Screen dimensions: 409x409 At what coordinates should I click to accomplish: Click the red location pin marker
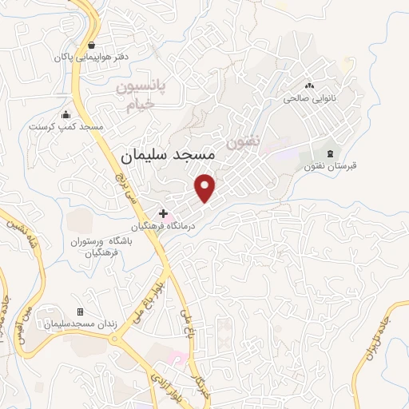coord(206,187)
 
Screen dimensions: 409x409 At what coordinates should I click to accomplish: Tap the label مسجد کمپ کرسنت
coord(66,127)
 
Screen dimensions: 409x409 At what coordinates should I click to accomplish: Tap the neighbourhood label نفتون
coord(244,142)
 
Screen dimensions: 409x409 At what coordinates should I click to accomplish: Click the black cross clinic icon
coord(164,213)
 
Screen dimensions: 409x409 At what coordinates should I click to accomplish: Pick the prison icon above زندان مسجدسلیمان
coord(80,312)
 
